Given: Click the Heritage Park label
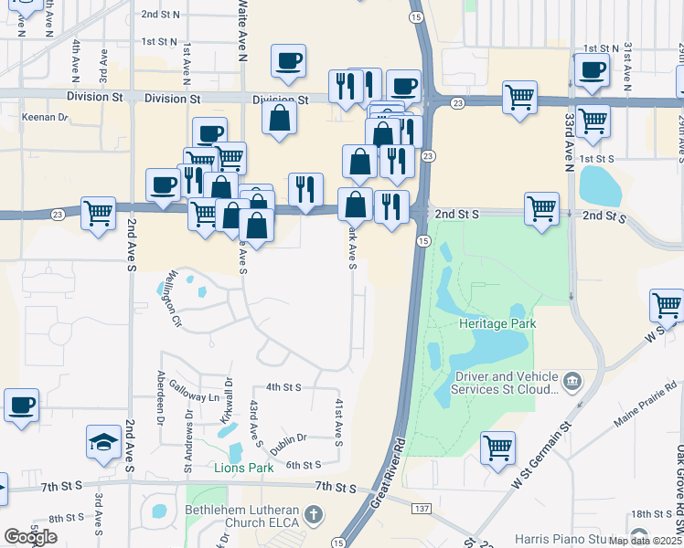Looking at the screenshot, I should point(498,323).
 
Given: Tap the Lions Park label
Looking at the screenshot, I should point(243,469).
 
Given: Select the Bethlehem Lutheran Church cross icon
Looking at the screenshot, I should point(314,515).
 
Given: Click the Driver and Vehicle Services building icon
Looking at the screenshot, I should point(572,378).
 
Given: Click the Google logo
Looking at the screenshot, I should point(30,537).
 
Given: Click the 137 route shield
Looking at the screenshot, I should point(420,508).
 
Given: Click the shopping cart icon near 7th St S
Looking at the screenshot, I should point(497,448).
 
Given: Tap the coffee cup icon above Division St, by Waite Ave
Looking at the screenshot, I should point(288,61).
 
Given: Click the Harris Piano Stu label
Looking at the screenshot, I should point(567,538).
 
